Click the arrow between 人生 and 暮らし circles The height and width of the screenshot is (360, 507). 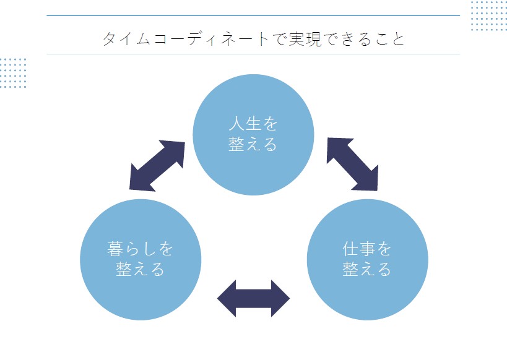click(158, 165)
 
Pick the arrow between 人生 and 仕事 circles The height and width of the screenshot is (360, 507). click(352, 164)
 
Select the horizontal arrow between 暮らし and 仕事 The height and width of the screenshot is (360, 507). click(253, 298)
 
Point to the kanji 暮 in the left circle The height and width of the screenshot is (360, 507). click(115, 249)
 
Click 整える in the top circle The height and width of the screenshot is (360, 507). click(253, 144)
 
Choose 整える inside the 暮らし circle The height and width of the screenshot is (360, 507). click(141, 269)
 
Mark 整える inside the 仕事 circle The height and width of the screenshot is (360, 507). click(367, 269)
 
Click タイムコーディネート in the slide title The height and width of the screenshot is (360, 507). click(186, 39)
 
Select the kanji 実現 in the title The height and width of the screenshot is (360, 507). click(303, 39)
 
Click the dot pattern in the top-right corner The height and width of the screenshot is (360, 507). click(488, 15)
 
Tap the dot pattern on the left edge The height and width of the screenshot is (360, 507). click(13, 73)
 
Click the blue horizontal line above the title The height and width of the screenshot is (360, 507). click(253, 15)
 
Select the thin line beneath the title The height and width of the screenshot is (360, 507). click(253, 54)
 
